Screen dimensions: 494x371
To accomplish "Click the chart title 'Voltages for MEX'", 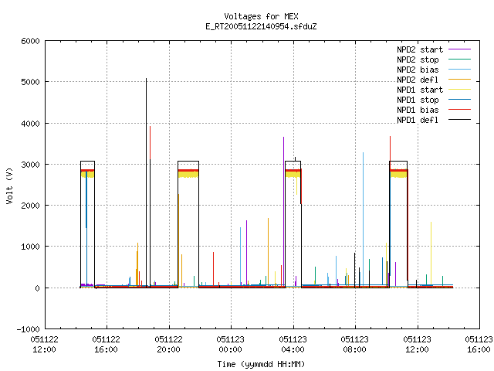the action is tap(261, 16).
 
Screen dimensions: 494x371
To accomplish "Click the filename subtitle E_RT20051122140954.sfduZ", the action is tap(261, 26).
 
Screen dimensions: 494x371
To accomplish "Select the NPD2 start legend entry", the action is tap(434, 49).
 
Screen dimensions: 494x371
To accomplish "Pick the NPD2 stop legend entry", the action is tap(434, 60).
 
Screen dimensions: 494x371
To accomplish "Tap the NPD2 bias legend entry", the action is tap(434, 70).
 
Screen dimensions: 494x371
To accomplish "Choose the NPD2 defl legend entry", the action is tap(434, 80).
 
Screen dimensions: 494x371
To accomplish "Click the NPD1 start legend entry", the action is tap(434, 90).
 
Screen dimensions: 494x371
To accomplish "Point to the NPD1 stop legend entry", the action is tap(434, 100).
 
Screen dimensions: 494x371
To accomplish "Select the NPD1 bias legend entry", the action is tap(434, 110).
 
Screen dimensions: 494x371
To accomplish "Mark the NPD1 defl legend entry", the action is tap(434, 121).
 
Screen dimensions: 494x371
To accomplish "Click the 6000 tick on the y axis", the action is tap(31, 41).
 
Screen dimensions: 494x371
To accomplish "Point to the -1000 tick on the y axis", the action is tap(29, 329).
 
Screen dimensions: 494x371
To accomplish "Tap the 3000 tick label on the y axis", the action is tap(31, 165).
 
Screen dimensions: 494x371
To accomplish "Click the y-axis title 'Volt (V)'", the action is tap(9, 186).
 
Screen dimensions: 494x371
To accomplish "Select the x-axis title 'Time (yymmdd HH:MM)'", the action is tap(261, 364).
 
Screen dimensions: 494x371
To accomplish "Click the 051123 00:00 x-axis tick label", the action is tap(230, 345).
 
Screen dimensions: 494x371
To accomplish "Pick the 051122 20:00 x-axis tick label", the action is tap(168, 345).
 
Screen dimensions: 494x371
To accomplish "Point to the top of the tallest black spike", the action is tap(146, 78).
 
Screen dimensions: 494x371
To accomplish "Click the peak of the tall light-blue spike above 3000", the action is tap(364, 153).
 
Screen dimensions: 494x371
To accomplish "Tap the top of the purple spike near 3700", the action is tap(283, 138).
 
